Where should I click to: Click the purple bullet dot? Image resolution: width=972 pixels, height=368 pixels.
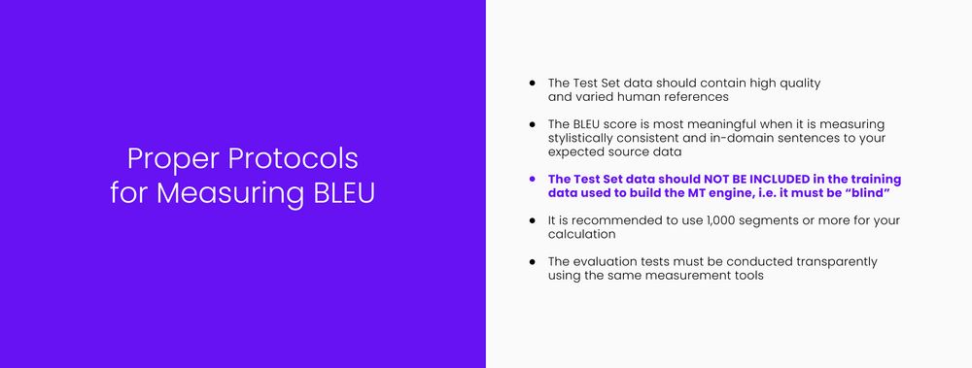(532, 180)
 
